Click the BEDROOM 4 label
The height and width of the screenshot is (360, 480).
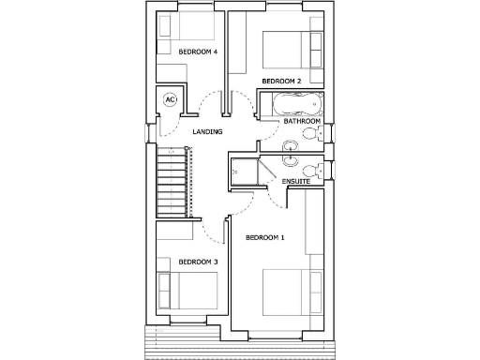(198, 52)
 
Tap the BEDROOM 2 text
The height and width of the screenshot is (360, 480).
(280, 81)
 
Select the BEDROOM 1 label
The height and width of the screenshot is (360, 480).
(264, 238)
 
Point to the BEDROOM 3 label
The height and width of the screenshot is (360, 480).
(198, 262)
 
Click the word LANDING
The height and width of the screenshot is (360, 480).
(206, 131)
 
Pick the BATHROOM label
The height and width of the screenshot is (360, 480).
(303, 121)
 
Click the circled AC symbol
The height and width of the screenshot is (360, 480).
(171, 98)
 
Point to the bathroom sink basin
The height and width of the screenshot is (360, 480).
(290, 144)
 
